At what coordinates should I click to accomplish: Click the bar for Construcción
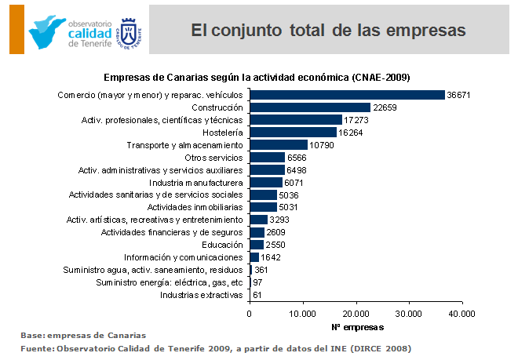(309, 107)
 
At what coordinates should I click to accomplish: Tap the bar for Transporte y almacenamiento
(278, 145)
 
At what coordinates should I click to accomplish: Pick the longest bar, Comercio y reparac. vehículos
(346, 95)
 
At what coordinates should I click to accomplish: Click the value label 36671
(458, 95)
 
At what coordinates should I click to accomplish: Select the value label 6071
(295, 183)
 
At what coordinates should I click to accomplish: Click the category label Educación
(221, 245)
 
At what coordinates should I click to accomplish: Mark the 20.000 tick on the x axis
(356, 313)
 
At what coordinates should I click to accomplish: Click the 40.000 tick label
(461, 313)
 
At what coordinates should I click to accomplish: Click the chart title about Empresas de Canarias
(257, 77)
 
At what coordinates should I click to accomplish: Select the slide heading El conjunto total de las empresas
(329, 31)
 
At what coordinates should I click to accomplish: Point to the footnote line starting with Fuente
(216, 347)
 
